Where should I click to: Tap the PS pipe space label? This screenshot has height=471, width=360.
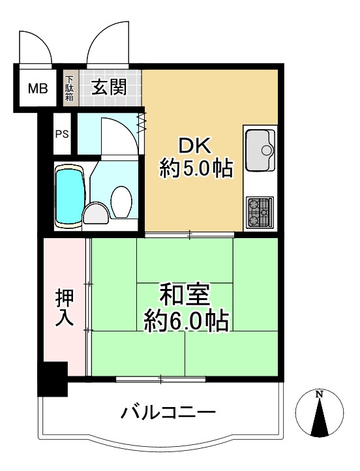click(x=61, y=135)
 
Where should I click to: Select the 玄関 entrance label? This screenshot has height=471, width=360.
click(x=108, y=87)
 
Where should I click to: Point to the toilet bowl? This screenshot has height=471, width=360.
click(x=121, y=201)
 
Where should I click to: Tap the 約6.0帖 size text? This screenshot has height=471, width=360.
click(x=185, y=321)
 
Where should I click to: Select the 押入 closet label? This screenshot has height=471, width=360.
click(x=65, y=308)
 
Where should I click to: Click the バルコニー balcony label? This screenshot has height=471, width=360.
click(x=168, y=413)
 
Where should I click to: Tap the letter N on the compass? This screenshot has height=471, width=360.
click(x=319, y=394)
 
